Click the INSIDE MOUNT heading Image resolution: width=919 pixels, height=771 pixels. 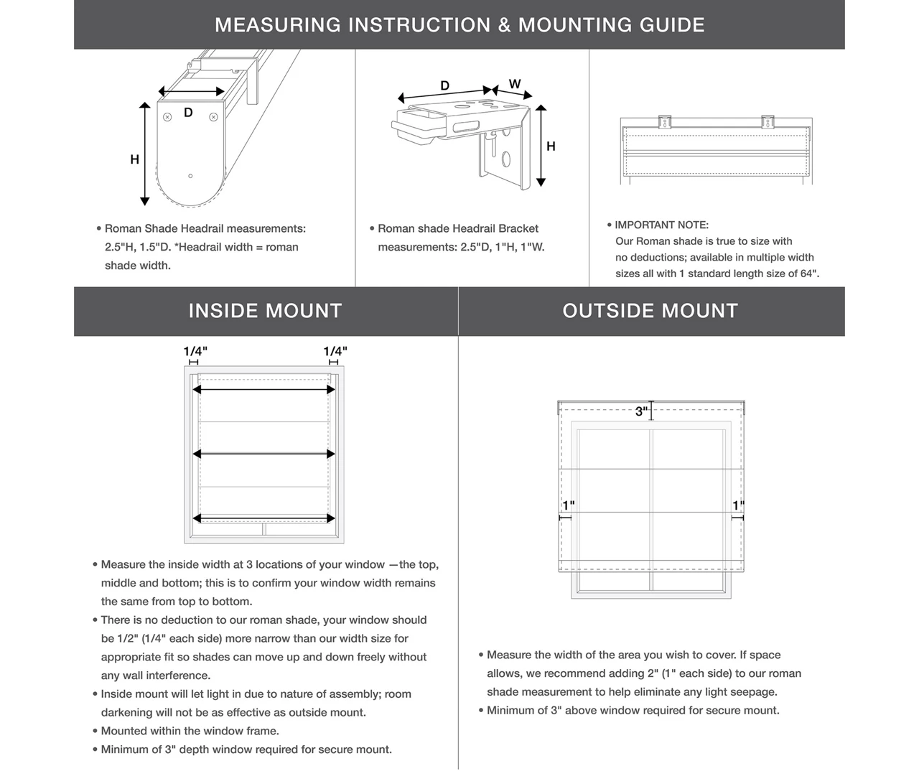(265, 311)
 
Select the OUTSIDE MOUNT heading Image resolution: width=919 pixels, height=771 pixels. (650, 311)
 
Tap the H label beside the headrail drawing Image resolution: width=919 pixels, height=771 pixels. (134, 159)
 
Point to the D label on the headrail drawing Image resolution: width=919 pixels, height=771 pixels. (188, 113)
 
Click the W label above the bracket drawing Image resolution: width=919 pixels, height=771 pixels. (515, 84)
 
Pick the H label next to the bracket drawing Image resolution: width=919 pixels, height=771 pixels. (551, 146)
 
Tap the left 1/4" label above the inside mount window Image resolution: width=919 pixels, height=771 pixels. (195, 351)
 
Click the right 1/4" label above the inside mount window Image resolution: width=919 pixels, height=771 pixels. (335, 351)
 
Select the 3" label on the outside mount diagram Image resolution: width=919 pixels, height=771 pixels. (642, 411)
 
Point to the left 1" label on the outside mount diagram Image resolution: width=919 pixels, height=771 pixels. (569, 505)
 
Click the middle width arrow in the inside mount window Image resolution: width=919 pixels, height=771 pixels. (264, 454)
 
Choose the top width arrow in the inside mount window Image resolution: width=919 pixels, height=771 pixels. (264, 390)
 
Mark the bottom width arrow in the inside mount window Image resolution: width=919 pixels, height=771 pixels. (264, 518)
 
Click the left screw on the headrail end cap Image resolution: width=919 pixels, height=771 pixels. (167, 117)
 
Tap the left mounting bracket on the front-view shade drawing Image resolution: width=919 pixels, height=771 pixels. (664, 121)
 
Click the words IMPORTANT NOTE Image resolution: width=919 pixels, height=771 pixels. (661, 225)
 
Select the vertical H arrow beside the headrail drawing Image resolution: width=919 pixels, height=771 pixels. (145, 154)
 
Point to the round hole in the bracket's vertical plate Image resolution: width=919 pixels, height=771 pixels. (506, 159)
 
